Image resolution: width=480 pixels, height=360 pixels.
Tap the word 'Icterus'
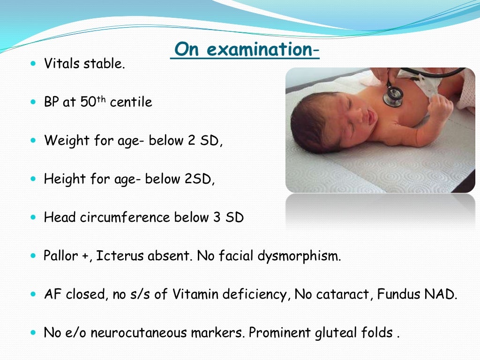point(120,256)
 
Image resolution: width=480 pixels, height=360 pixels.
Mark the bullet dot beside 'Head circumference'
point(32,217)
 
